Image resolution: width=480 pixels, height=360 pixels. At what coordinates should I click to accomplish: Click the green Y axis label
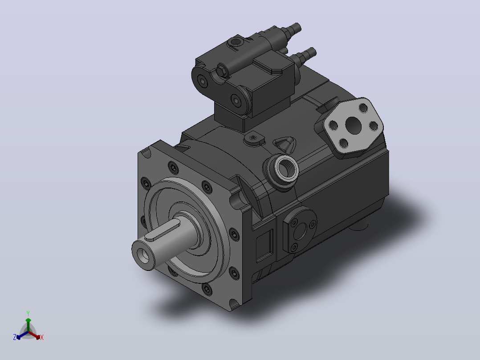click(x=28, y=314)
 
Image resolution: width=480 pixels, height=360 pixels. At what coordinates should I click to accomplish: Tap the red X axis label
click(x=42, y=337)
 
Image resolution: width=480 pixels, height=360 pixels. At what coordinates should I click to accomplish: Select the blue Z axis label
click(x=15, y=337)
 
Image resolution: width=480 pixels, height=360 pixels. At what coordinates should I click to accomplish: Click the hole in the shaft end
click(x=143, y=254)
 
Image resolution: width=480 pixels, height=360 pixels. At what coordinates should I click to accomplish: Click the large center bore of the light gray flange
click(x=354, y=125)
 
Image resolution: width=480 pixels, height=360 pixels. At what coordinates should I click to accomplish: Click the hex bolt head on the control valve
click(x=222, y=71)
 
